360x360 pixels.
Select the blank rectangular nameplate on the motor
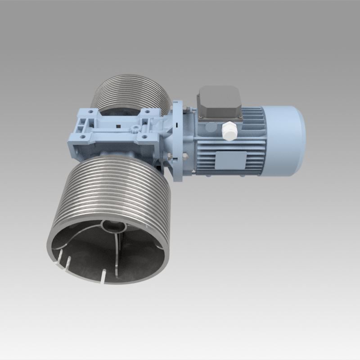pos(231,159)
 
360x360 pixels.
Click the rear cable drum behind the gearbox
pos(130,92)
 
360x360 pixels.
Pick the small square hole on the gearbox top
pos(118,126)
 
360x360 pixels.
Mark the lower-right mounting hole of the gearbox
pos(144,136)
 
